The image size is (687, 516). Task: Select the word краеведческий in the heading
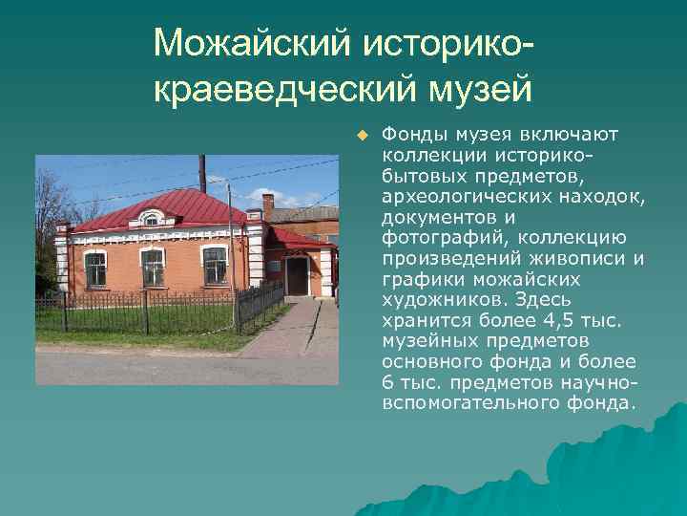[284, 90]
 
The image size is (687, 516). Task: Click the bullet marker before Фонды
[362, 134]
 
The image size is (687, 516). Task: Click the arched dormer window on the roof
[150, 219]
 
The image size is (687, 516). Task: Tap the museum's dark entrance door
[297, 276]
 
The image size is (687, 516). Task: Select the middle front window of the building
[154, 267]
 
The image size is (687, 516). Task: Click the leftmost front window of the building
[95, 269]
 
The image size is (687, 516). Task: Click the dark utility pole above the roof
[201, 173]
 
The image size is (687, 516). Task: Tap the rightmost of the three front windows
[215, 265]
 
